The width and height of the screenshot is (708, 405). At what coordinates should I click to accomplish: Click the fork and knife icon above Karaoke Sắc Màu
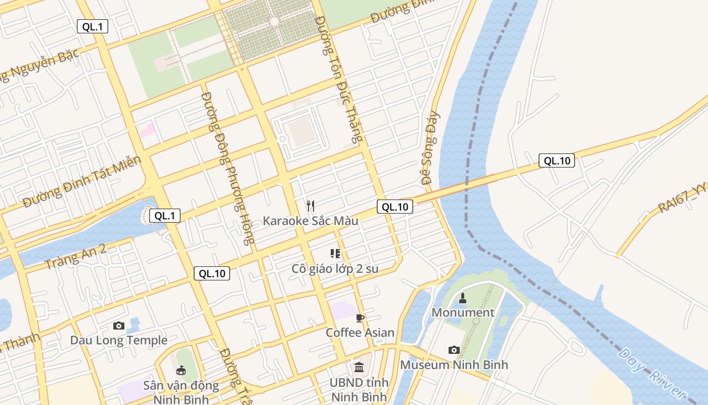point(311,206)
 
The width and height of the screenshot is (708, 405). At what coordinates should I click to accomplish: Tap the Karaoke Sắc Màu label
point(310,221)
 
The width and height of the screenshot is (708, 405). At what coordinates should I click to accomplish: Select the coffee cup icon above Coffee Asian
point(360,318)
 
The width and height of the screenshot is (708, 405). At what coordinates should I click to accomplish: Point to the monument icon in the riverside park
point(462,298)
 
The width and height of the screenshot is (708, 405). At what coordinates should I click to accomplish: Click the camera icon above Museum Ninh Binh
point(454,350)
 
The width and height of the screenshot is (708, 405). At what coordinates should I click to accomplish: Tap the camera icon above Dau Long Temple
point(119,326)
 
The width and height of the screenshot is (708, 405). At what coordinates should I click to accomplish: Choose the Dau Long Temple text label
point(119,340)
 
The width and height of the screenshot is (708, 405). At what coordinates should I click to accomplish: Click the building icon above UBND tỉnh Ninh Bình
point(359,367)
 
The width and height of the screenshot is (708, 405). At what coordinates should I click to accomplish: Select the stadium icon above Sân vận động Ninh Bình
point(181,371)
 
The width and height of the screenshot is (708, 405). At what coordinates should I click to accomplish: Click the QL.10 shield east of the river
point(556,161)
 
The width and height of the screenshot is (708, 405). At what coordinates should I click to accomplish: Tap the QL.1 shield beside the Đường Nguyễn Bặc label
point(93,27)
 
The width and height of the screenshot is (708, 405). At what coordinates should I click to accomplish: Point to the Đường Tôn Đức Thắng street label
point(339,78)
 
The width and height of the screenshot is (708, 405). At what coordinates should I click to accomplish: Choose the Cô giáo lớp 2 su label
point(335,269)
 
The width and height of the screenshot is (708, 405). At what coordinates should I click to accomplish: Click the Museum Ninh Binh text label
point(454,364)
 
